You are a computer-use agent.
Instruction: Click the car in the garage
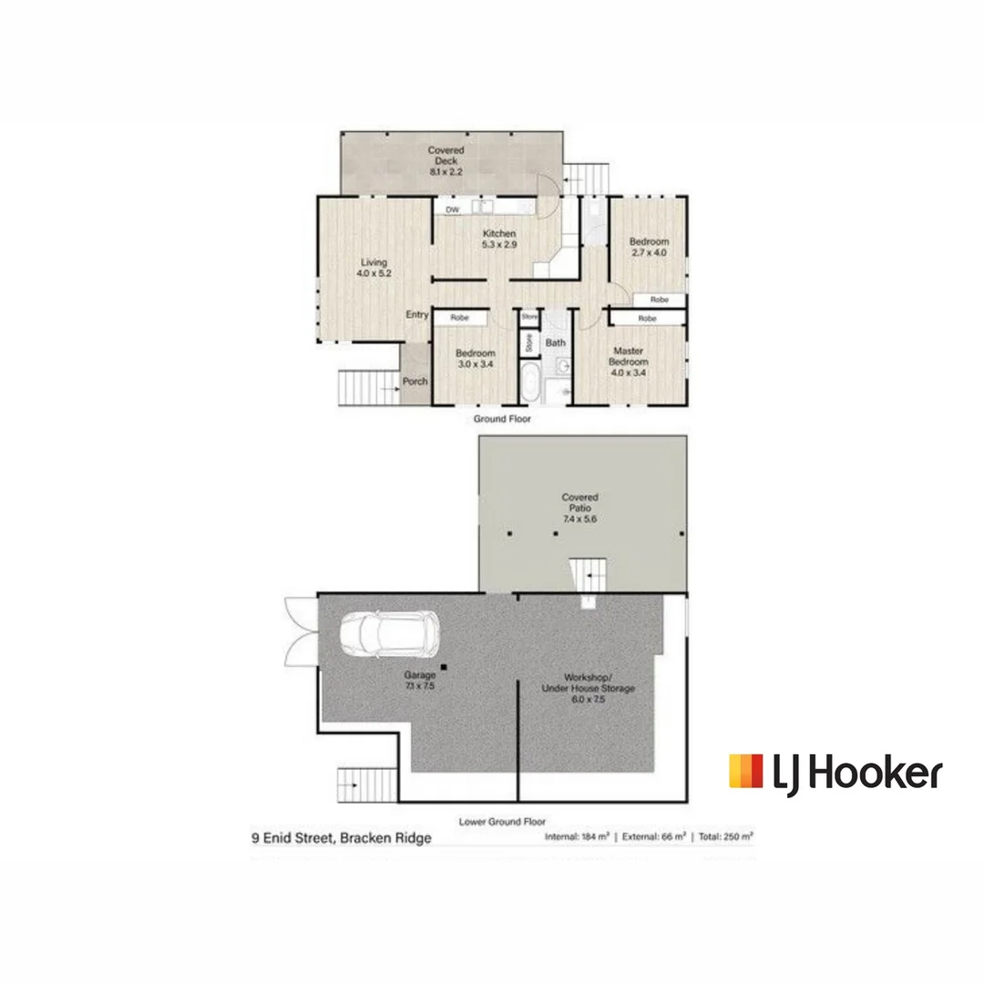pyautogui.click(x=389, y=632)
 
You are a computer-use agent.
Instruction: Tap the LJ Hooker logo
pyautogui.click(x=835, y=773)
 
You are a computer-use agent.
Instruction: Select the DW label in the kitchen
pyautogui.click(x=451, y=210)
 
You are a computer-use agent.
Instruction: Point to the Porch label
pyautogui.click(x=415, y=381)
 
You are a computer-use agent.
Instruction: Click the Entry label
pyautogui.click(x=417, y=315)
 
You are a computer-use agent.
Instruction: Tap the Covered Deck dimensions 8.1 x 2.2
pyautogui.click(x=446, y=171)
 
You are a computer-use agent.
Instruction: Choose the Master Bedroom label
pyautogui.click(x=629, y=355)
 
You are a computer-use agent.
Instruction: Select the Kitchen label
pyautogui.click(x=499, y=234)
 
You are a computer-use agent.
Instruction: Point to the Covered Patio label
pyautogui.click(x=579, y=503)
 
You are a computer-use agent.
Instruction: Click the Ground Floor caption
pyautogui.click(x=501, y=419)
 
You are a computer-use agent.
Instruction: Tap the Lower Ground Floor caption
pyautogui.click(x=503, y=821)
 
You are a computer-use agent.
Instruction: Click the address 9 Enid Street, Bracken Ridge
pyautogui.click(x=342, y=838)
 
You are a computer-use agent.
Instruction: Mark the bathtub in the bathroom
pyautogui.click(x=529, y=381)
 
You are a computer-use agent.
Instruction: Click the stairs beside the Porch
pyautogui.click(x=368, y=388)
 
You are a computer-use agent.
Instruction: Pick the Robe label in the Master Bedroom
pyautogui.click(x=647, y=319)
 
